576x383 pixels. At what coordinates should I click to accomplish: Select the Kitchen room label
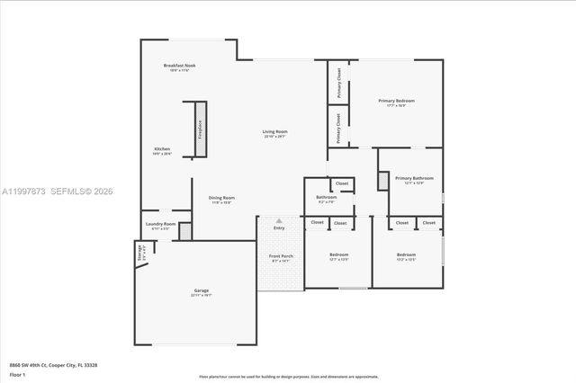tap(162, 148)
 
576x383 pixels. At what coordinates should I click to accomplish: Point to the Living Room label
tap(274, 132)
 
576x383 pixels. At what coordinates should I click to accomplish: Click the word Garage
tap(202, 290)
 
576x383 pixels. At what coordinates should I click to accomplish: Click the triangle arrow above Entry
tap(279, 219)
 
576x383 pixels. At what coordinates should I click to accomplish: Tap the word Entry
tap(279, 227)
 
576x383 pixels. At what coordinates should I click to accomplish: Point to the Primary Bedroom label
tap(396, 101)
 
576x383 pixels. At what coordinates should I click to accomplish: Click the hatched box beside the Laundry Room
tap(185, 230)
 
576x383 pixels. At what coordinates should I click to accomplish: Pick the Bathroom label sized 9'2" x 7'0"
tap(326, 197)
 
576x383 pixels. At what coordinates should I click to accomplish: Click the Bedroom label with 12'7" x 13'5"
tap(338, 255)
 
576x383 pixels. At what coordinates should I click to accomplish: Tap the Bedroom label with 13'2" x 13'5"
tap(407, 255)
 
